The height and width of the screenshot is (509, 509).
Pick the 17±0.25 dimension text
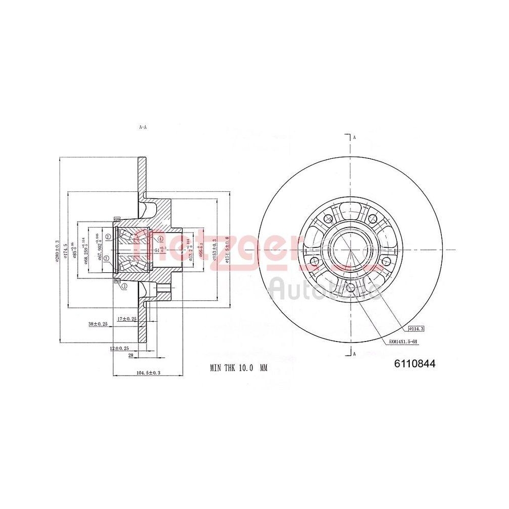[126, 319]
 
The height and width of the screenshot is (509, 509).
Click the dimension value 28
[130, 355]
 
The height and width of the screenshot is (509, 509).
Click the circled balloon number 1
[124, 286]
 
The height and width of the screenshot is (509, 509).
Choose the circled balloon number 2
[108, 237]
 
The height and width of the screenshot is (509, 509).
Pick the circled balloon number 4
[160, 238]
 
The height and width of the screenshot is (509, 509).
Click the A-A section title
[143, 127]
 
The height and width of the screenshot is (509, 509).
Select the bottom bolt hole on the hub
[350, 289]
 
